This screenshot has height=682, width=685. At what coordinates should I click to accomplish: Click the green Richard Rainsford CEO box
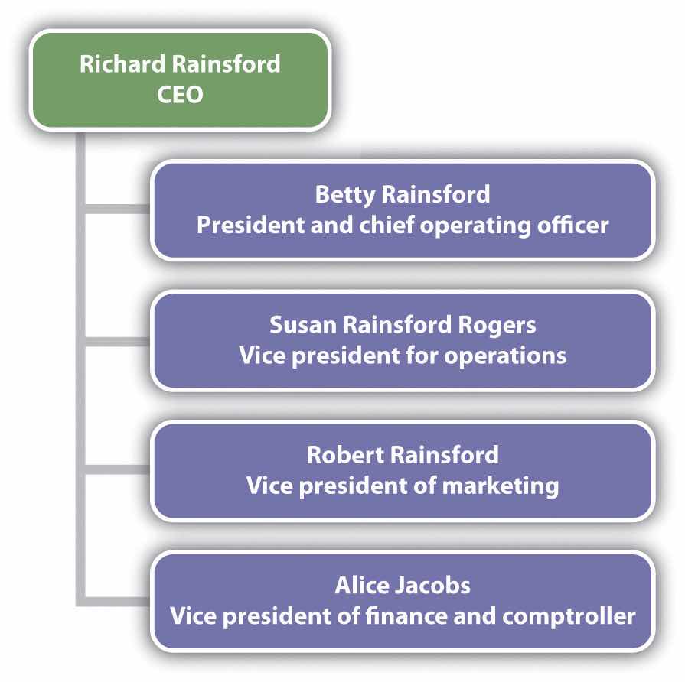pyautogui.click(x=180, y=79)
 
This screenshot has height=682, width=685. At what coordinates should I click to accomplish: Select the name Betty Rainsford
pyautogui.click(x=402, y=194)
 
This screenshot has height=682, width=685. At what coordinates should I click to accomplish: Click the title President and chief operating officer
pyautogui.click(x=402, y=226)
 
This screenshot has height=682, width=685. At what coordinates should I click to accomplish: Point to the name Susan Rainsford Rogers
pyautogui.click(x=403, y=324)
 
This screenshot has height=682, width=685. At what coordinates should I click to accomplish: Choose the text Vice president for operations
pyautogui.click(x=403, y=356)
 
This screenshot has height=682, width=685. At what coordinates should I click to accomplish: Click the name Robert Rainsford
pyautogui.click(x=403, y=455)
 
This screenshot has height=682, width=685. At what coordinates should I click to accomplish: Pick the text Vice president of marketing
pyautogui.click(x=403, y=486)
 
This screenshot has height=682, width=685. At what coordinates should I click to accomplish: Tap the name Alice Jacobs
pyautogui.click(x=403, y=585)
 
